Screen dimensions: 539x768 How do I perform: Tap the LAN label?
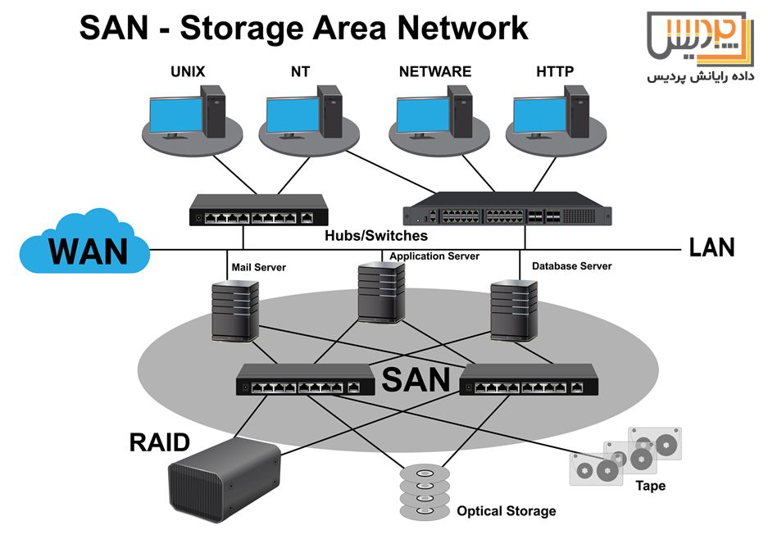click(711, 246)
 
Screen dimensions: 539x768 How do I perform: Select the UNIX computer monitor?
click(174, 116)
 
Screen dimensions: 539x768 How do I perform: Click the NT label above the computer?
click(300, 71)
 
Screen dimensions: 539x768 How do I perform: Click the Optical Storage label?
click(506, 511)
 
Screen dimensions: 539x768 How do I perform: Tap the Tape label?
click(650, 486)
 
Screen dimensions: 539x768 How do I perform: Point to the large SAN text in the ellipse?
click(416, 379)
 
